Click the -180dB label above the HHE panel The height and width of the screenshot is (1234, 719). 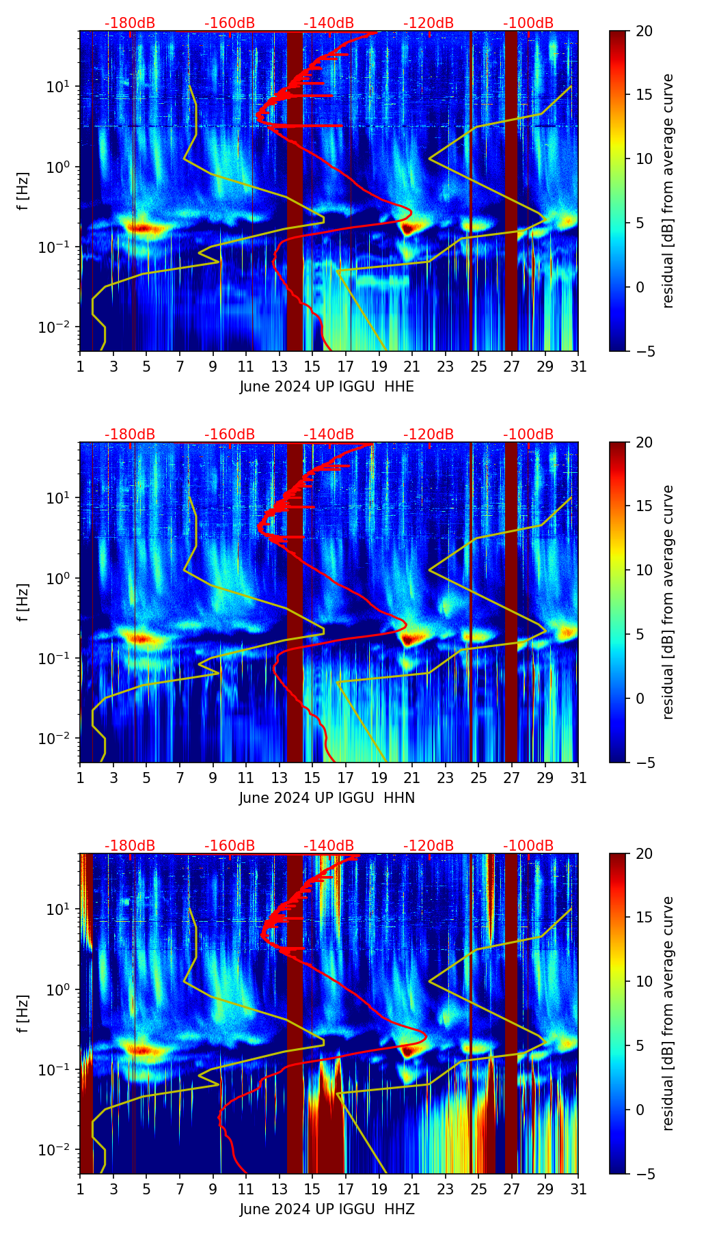(x=130, y=23)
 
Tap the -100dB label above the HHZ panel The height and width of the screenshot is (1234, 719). (x=528, y=846)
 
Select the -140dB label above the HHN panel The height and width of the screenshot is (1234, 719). (x=329, y=435)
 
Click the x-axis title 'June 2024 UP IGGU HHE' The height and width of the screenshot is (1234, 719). (x=327, y=387)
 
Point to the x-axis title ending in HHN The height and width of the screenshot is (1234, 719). (x=327, y=798)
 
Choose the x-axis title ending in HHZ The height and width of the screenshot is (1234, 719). (x=327, y=1209)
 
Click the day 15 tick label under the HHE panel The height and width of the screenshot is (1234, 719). (x=312, y=366)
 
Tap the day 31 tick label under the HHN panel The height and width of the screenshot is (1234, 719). (x=578, y=778)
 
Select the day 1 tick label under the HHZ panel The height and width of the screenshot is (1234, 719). (x=80, y=1189)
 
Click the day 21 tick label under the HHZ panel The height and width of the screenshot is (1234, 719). (x=412, y=1189)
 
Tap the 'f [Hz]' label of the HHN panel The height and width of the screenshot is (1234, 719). (x=23, y=603)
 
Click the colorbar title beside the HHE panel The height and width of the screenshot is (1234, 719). (x=668, y=191)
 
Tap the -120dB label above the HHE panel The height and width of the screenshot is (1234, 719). (x=429, y=23)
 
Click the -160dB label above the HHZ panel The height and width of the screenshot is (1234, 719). (x=230, y=846)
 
